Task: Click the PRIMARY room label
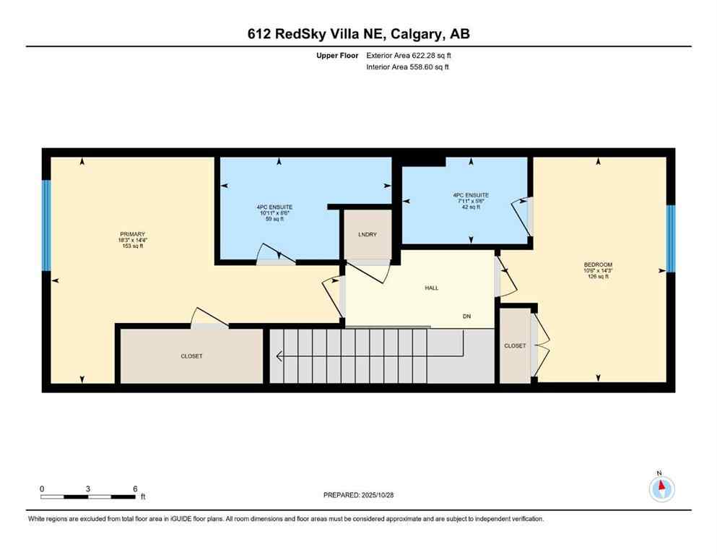point(133,233)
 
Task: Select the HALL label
point(431,288)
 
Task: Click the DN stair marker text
point(467,317)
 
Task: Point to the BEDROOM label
point(598,264)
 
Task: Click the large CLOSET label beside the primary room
point(191,356)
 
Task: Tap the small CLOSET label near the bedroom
point(515,346)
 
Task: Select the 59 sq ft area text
point(278,219)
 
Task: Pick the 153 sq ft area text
point(133,246)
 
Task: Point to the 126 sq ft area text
point(598,277)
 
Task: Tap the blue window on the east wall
point(670,238)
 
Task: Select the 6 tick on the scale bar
point(135,489)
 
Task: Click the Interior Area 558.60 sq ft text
point(408,67)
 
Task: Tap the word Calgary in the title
point(417,33)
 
